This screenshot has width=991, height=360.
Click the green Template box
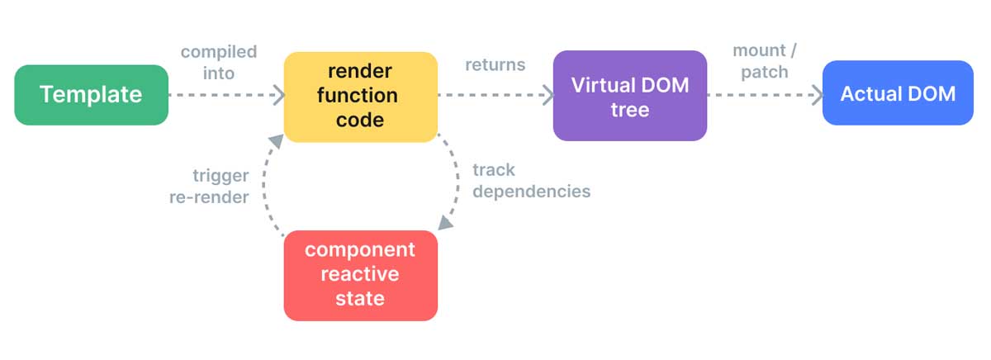[x=91, y=95]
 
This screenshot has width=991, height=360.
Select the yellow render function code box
[x=361, y=96]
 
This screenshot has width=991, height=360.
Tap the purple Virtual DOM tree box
[x=629, y=95]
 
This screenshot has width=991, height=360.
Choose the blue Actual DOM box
[x=898, y=93]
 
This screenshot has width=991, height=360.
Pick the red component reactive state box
[x=360, y=274]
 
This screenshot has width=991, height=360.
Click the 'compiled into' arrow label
[x=219, y=62]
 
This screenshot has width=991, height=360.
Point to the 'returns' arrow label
[x=495, y=64]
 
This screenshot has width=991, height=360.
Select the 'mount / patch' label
[x=764, y=61]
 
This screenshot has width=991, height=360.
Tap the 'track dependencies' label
[x=531, y=180]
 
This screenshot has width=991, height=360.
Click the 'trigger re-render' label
[x=209, y=186]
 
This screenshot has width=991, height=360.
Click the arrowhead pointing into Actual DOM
[x=817, y=95]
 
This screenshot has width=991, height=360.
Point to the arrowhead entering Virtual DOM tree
[x=547, y=95]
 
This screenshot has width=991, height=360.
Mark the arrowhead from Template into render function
[x=277, y=95]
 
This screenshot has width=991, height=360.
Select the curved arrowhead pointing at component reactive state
[x=444, y=222]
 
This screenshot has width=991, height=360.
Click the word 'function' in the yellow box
[x=361, y=96]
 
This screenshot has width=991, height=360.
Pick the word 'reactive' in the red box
[x=360, y=273]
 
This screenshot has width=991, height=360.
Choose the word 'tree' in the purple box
[x=629, y=109]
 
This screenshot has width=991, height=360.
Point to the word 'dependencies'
[x=531, y=192]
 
